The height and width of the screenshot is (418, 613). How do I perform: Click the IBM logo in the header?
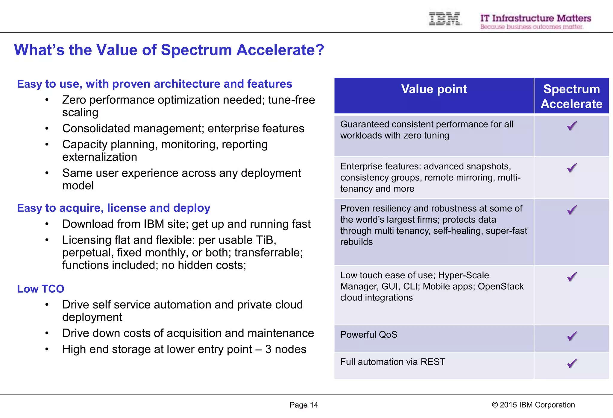pyautogui.click(x=444, y=19)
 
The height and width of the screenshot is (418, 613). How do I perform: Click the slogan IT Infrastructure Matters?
pyautogui.click(x=535, y=18)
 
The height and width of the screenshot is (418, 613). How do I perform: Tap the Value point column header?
pyautogui.click(x=434, y=89)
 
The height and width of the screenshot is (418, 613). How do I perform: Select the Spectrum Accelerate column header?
pyautogui.click(x=571, y=96)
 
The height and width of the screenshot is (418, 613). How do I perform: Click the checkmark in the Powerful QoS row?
pyautogui.click(x=572, y=336)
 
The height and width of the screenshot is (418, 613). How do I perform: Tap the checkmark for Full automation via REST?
pyautogui.click(x=572, y=363)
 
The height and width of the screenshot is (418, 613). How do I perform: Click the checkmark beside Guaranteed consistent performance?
pyautogui.click(x=572, y=126)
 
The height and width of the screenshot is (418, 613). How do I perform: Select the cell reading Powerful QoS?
pyautogui.click(x=369, y=335)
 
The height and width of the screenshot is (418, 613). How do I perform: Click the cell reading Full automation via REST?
pyautogui.click(x=393, y=362)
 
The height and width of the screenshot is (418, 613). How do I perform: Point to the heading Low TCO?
pyautogui.click(x=41, y=289)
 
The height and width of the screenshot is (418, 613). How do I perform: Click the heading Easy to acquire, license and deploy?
pyautogui.click(x=113, y=208)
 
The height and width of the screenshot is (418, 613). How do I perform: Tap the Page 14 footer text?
pyautogui.click(x=304, y=405)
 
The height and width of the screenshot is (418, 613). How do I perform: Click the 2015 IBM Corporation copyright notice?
pyautogui.click(x=533, y=405)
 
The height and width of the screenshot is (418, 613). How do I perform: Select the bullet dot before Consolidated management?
pyautogui.click(x=47, y=129)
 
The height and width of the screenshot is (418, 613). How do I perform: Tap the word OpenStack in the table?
pyautogui.click(x=500, y=286)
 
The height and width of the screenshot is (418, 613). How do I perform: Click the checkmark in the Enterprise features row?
pyautogui.click(x=572, y=168)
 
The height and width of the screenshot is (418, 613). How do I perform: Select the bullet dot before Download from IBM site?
pyautogui.click(x=47, y=224)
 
